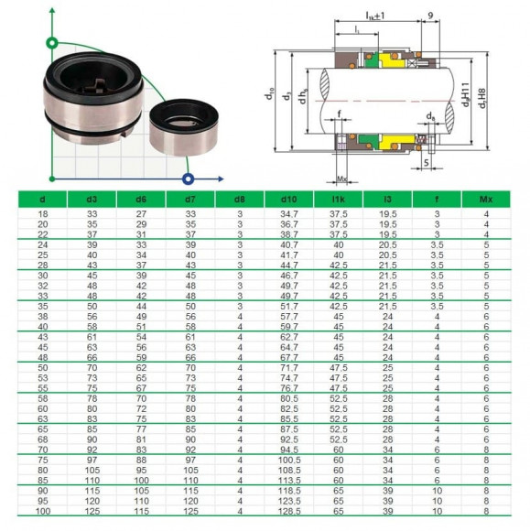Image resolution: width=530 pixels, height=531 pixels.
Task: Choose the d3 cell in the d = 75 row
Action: pyautogui.click(x=92, y=459)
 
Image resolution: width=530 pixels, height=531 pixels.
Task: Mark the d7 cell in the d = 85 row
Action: pyautogui.click(x=190, y=479)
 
